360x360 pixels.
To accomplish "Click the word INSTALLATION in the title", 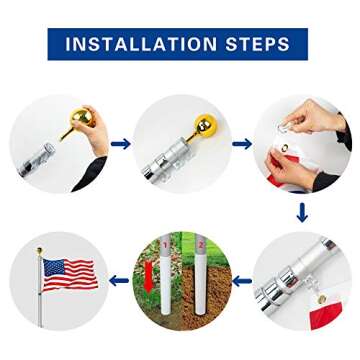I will tap(140, 44).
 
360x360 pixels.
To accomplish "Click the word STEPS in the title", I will tap(259, 44).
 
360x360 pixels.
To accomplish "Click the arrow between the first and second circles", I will tap(120, 144).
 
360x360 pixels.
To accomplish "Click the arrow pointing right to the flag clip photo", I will tap(241, 144).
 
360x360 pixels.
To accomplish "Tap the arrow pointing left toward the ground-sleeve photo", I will tap(241, 281).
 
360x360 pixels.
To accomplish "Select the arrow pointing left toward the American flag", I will tap(120, 281).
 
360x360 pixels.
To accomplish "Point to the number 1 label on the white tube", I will tap(166, 245).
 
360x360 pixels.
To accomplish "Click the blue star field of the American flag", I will tap(56, 266).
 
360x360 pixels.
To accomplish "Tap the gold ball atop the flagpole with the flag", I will tap(40, 250).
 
